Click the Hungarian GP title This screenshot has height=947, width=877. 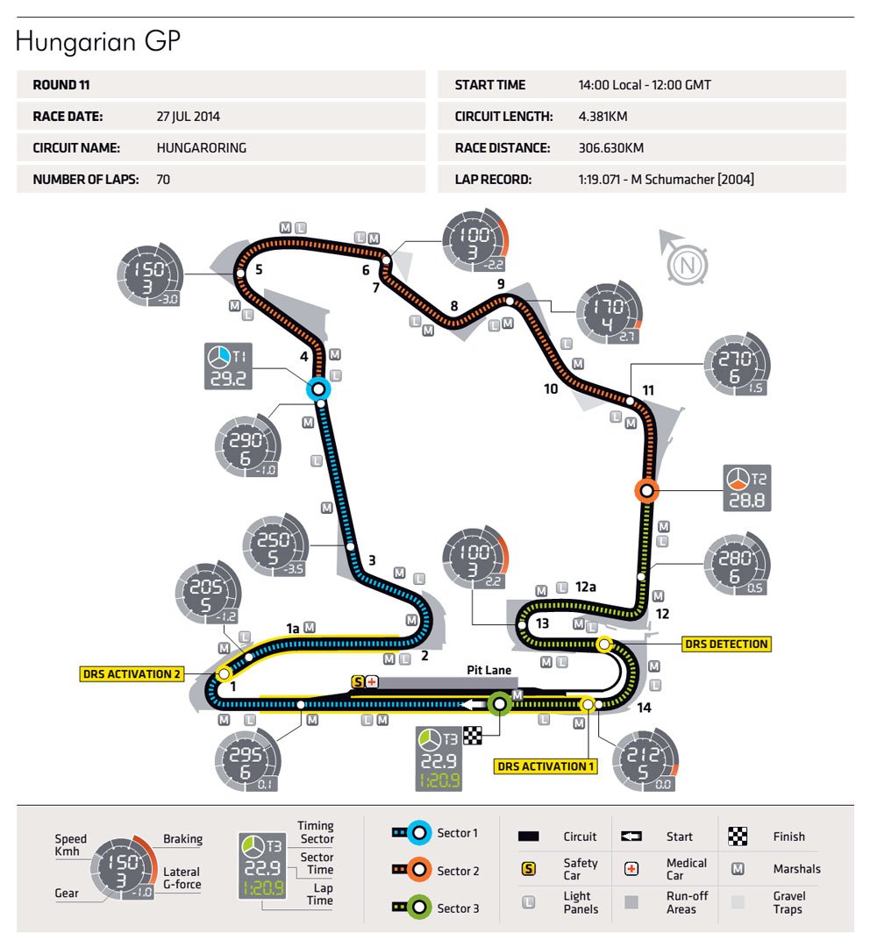[98, 42]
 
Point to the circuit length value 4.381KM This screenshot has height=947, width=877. [602, 116]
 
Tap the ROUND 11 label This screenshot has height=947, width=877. [61, 85]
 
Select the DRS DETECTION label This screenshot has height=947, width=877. [726, 644]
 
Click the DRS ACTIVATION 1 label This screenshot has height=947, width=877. [545, 766]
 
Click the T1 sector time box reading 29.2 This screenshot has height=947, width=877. [229, 367]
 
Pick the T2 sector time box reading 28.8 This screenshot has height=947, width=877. [747, 488]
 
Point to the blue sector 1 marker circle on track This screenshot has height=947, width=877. [318, 389]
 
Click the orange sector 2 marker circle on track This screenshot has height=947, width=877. [647, 491]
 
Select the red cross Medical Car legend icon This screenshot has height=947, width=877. [630, 869]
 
